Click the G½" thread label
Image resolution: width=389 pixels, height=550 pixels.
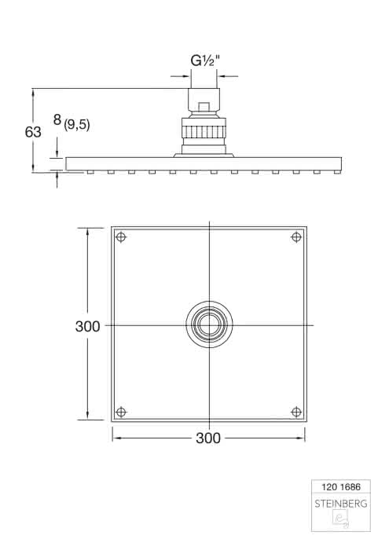205,60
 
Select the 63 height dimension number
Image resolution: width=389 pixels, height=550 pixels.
33,132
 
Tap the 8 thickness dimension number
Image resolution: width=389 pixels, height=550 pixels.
57,120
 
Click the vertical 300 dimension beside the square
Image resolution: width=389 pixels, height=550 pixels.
88,327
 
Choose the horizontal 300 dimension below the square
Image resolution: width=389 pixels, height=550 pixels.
208,438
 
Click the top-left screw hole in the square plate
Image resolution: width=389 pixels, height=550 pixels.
121,237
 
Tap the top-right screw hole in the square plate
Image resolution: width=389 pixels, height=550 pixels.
296,237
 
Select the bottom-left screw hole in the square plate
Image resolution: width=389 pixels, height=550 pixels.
121,412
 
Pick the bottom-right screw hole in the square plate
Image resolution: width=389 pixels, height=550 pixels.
296,412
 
